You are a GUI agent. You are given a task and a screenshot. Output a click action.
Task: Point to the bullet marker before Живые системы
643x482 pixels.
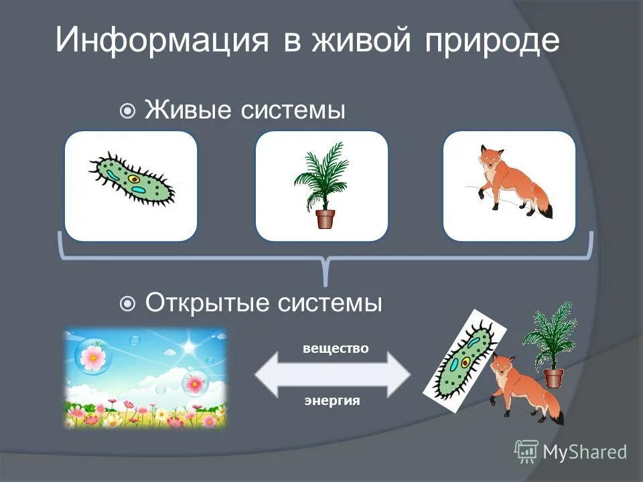127,110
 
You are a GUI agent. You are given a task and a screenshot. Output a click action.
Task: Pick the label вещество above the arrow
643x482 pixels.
336,349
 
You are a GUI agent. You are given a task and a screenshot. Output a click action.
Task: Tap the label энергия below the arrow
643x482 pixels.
332,401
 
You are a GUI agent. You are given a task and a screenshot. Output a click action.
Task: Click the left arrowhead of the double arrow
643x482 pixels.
268,375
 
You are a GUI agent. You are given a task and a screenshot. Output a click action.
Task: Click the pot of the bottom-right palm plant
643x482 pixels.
554,378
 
